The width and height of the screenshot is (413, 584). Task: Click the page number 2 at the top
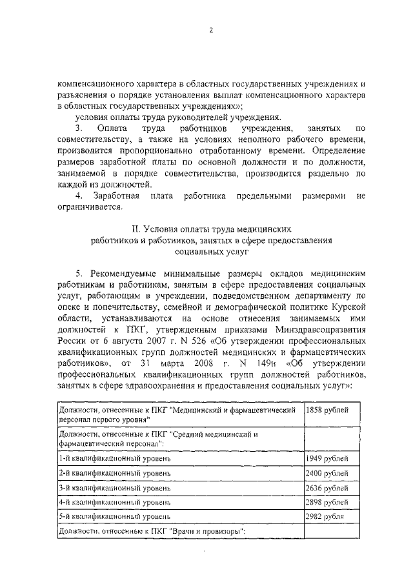pos(210,29)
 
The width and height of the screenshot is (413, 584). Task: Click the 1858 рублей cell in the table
pos(327,410)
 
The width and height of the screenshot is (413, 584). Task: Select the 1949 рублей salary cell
pos(327,459)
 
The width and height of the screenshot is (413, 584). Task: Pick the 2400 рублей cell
pos(327,474)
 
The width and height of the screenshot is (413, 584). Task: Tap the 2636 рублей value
pos(327,488)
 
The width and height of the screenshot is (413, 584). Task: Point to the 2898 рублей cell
pos(327,502)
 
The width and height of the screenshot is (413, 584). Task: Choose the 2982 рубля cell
pos(325,517)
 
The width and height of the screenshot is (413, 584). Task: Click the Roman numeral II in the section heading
pos(135,229)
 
